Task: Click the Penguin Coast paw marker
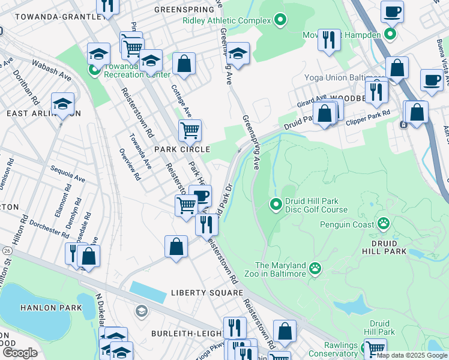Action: coord(383,224)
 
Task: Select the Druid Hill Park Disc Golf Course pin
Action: coord(276,205)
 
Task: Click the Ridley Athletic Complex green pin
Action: coord(279,21)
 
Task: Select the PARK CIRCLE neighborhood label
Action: coord(182,149)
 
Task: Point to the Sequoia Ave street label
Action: coord(67,174)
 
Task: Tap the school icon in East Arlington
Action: coord(62,103)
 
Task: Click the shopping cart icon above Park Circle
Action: coord(189,129)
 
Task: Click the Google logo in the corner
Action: coord(20,353)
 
